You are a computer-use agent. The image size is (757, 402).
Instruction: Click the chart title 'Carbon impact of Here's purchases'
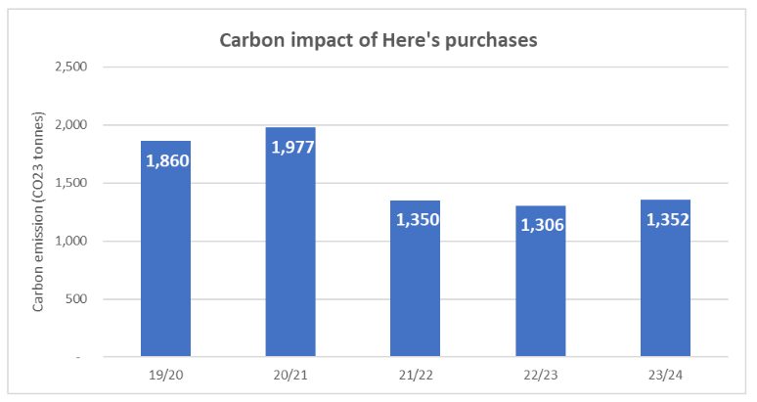pos(378,41)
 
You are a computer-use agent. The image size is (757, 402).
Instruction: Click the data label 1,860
pos(166,159)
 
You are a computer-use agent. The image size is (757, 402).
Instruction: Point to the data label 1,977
pos(291,147)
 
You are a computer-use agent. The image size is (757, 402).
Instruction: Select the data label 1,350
pos(416,219)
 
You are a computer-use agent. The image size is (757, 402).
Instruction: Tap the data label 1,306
pos(541,225)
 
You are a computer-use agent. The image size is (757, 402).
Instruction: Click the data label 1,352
pos(666,219)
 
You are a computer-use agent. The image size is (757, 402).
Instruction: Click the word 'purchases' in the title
pos(489,41)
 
